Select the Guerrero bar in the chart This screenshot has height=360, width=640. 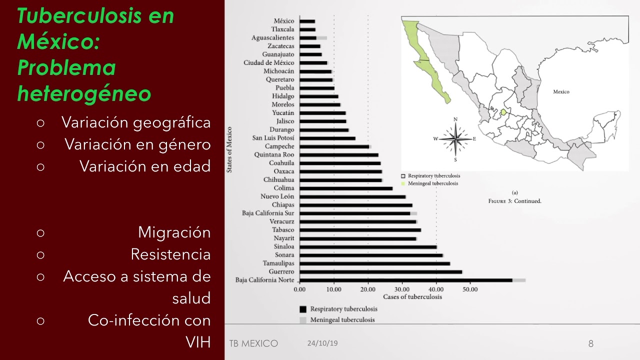pyautogui.click(x=380, y=271)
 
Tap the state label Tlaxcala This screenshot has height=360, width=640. pyautogui.click(x=282, y=29)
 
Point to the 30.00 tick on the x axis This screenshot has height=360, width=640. pyautogui.click(x=402, y=289)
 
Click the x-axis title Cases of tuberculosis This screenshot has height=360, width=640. pyautogui.click(x=412, y=297)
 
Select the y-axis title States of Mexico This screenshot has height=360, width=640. pyautogui.click(x=229, y=150)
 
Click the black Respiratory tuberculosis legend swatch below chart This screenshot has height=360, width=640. pyautogui.click(x=303, y=309)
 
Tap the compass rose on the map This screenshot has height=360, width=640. pyautogui.click(x=455, y=138)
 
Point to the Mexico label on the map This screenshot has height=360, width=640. pyautogui.click(x=561, y=92)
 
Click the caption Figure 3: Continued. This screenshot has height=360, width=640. pyautogui.click(x=514, y=201)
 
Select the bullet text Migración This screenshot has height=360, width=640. pyautogui.click(x=174, y=232)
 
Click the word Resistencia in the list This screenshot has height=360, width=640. pyautogui.click(x=170, y=254)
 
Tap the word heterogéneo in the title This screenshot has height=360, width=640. pyautogui.click(x=84, y=93)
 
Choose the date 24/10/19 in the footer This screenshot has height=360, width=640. pyautogui.click(x=322, y=343)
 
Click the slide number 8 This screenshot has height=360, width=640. pyautogui.click(x=590, y=343)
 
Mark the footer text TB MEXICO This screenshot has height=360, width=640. pyautogui.click(x=253, y=343)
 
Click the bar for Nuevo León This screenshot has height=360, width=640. pyautogui.click(x=352, y=196)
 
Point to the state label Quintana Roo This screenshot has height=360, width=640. pyautogui.click(x=274, y=155)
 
